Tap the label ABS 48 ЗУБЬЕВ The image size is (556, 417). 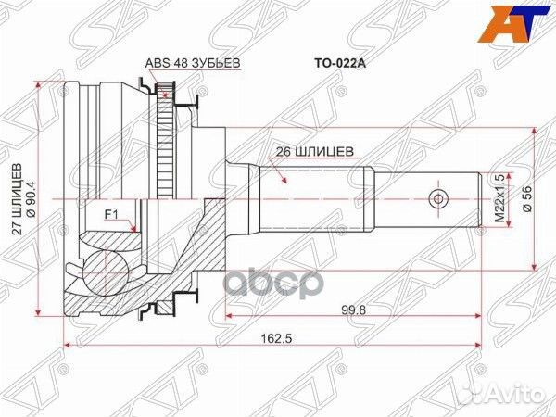[x=183, y=64]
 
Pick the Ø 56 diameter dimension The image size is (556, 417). [x=525, y=199]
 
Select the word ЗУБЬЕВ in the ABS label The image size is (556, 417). [x=200, y=64]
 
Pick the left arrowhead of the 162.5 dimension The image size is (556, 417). [x=67, y=348]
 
